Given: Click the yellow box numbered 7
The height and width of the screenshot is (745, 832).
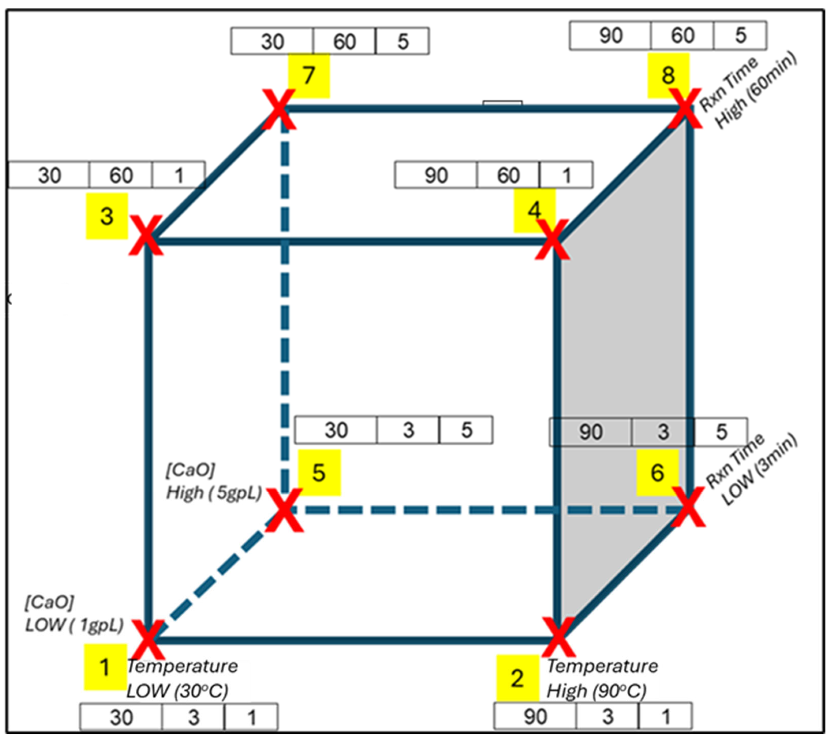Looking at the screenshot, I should [x=309, y=76].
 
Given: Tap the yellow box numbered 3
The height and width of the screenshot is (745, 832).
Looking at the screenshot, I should [x=107, y=216].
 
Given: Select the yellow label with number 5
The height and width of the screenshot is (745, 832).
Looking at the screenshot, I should [x=319, y=473].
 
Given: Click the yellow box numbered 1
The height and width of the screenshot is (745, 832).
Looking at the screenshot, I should [x=105, y=667].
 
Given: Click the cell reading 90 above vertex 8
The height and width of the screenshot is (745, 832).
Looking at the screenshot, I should [x=610, y=36].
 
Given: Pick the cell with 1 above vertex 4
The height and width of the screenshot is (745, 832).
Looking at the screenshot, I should [x=566, y=175].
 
